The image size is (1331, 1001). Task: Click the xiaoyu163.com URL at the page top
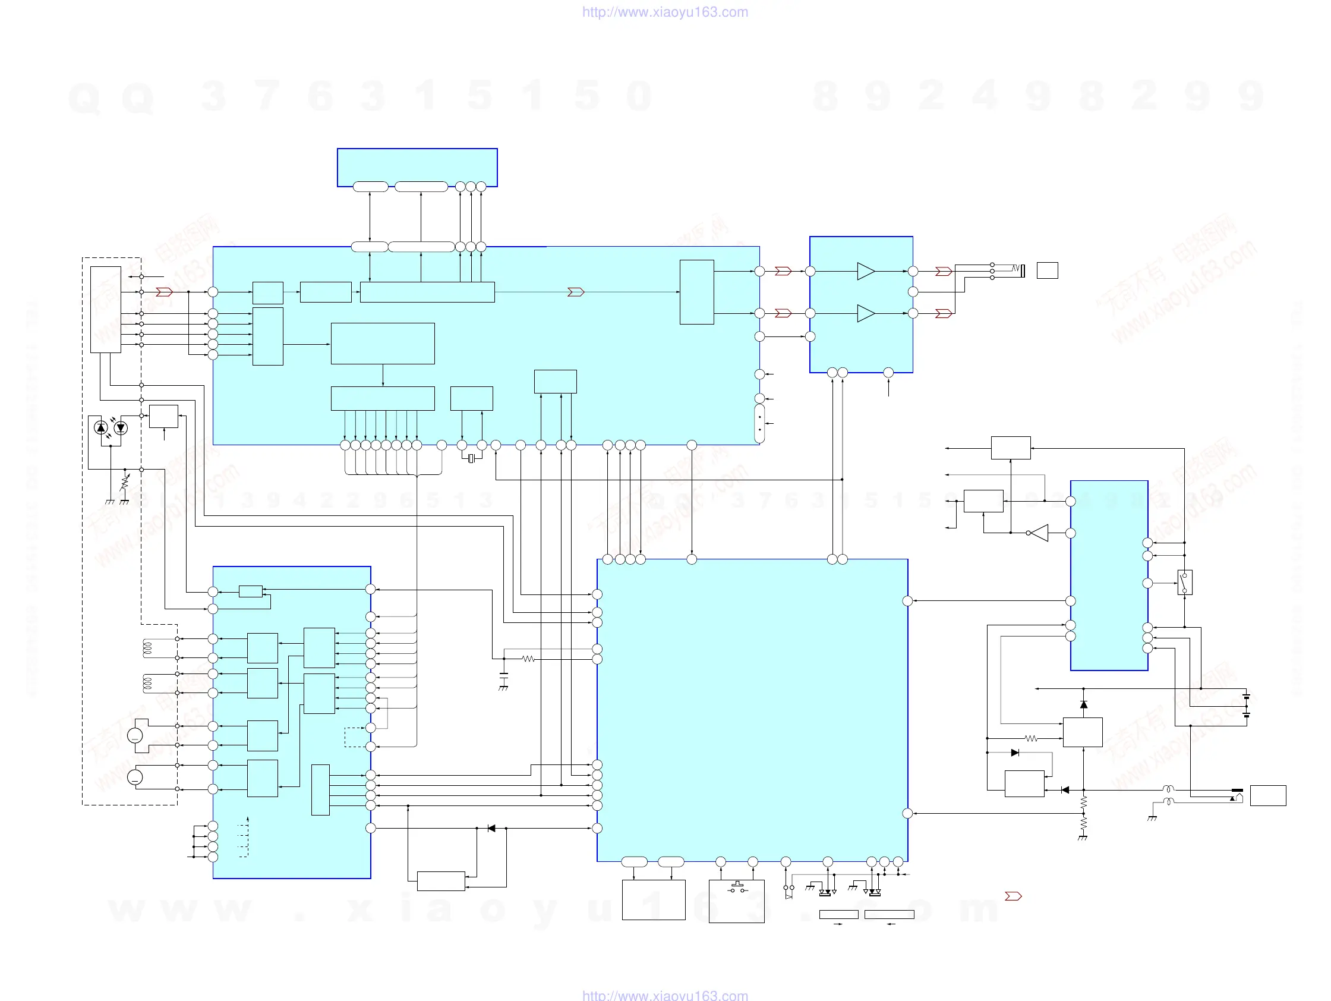pyautogui.click(x=665, y=12)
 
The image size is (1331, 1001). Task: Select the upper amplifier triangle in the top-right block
pyautogui.click(x=865, y=272)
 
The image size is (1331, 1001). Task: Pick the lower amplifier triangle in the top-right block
pyautogui.click(x=865, y=313)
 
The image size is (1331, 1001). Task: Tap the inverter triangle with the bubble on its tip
pyautogui.click(x=1039, y=533)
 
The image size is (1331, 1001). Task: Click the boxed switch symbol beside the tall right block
pyautogui.click(x=1184, y=583)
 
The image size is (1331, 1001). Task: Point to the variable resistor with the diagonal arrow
pyautogui.click(x=125, y=483)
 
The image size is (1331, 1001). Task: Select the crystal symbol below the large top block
pyautogui.click(x=471, y=459)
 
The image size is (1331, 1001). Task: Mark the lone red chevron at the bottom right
pyautogui.click(x=1013, y=896)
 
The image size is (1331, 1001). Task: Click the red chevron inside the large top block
pyautogui.click(x=575, y=292)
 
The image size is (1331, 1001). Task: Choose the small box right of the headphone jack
pyautogui.click(x=1047, y=270)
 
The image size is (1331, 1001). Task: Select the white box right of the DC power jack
pyautogui.click(x=1268, y=795)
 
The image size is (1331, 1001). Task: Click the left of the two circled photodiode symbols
pyautogui.click(x=101, y=428)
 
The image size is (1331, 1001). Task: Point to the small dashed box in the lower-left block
pyautogui.click(x=354, y=737)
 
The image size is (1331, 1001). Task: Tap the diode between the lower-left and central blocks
pyautogui.click(x=491, y=828)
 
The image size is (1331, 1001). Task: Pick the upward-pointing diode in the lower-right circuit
pyautogui.click(x=1084, y=704)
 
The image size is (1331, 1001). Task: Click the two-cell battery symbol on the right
pyautogui.click(x=1246, y=706)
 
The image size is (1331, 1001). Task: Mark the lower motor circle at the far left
pyautogui.click(x=135, y=777)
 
